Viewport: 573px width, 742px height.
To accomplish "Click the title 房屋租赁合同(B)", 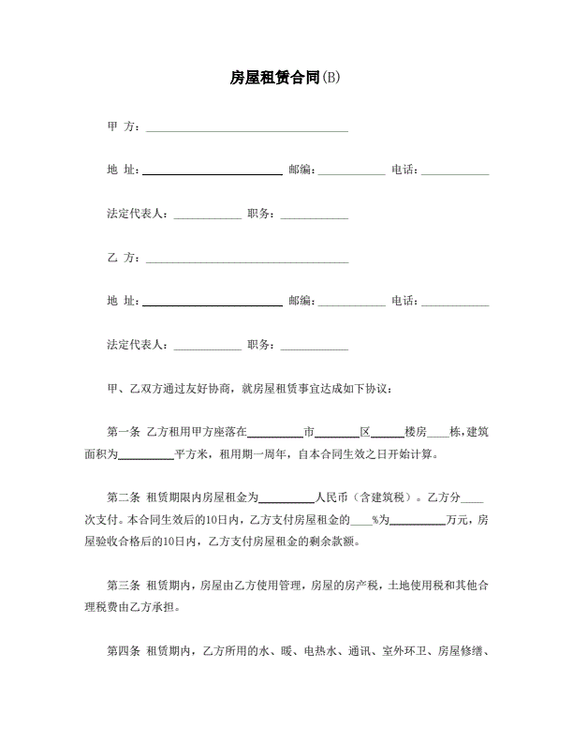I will (286, 78).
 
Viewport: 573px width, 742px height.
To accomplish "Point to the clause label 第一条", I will (124, 433).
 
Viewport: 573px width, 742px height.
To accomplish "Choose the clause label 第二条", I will (124, 498).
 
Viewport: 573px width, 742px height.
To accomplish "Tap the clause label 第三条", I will (124, 586).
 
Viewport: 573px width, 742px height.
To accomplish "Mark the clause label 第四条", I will (124, 651).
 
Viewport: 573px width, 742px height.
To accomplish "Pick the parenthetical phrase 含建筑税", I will (378, 498).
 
